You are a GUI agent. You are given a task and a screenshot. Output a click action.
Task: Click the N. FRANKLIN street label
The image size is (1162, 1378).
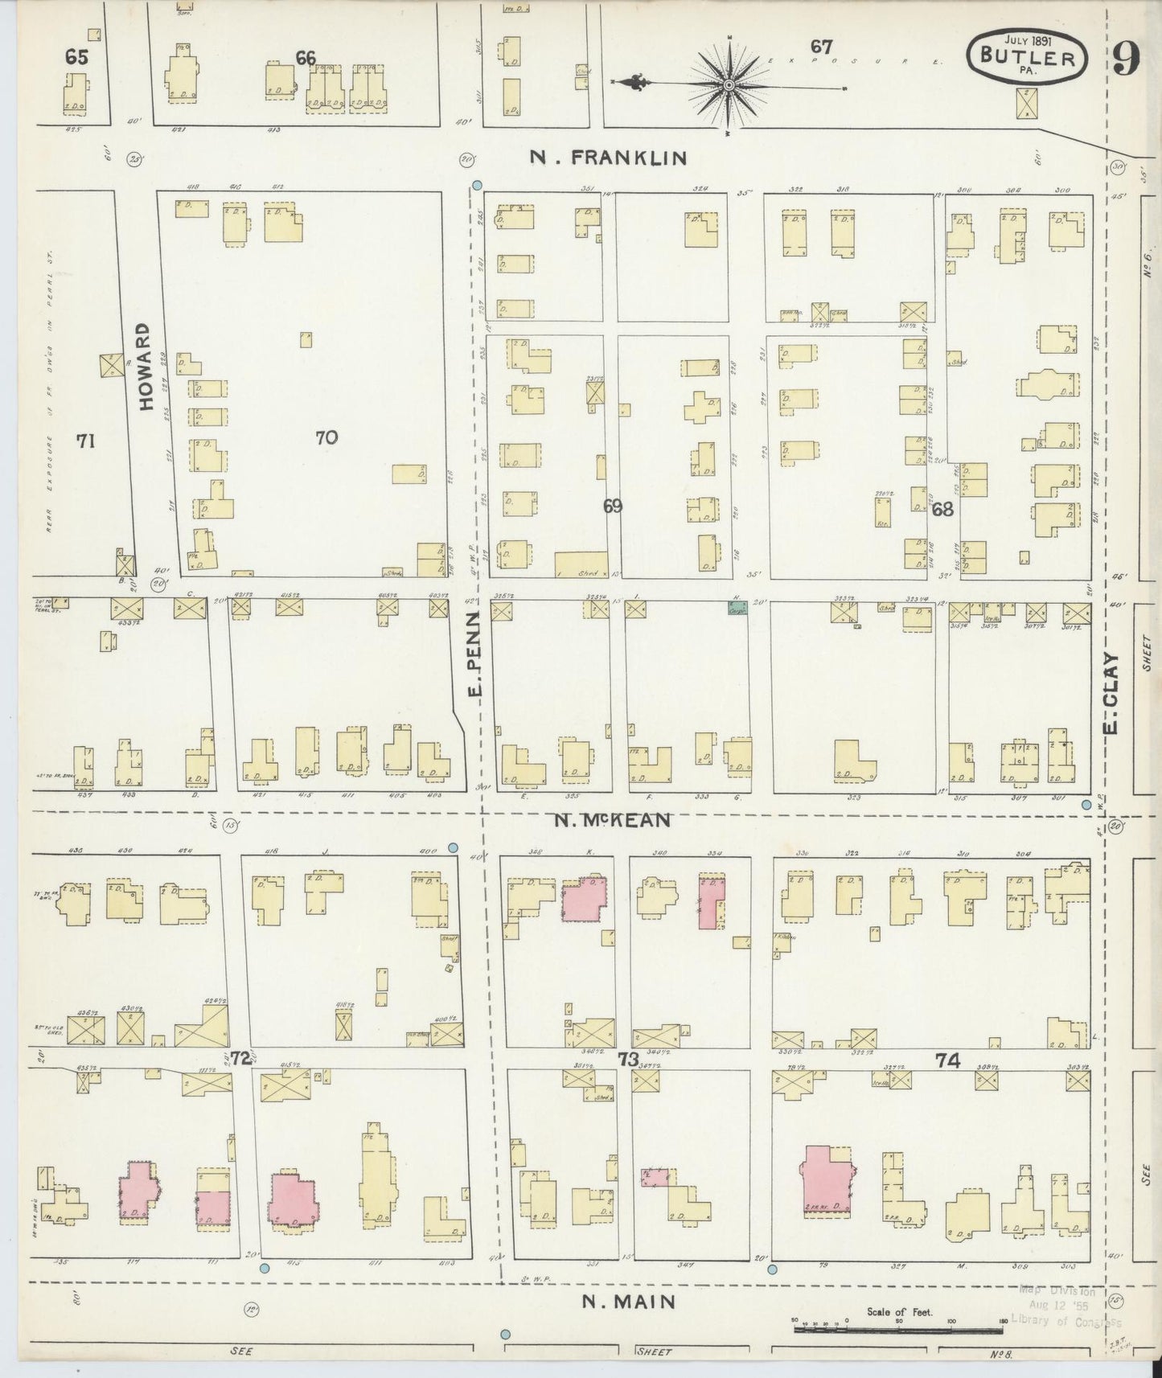coord(608,158)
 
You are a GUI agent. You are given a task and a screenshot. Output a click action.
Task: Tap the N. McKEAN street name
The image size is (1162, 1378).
coord(613,820)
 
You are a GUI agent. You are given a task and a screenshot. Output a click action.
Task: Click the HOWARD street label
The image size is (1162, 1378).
coord(145,367)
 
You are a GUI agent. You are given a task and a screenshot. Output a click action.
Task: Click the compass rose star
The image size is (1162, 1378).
coord(729,84)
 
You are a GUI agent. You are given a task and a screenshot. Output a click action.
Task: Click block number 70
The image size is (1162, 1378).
coord(326,437)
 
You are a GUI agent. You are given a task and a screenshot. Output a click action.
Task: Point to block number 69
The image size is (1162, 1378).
coord(613,506)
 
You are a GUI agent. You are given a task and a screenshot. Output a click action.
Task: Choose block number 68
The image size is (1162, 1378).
coord(942,508)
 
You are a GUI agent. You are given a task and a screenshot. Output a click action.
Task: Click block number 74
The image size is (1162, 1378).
coord(949,1060)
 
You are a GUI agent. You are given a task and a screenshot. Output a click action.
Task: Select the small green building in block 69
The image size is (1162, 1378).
coord(737,608)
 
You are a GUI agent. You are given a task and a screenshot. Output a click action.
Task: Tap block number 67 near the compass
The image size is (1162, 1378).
coord(821,47)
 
